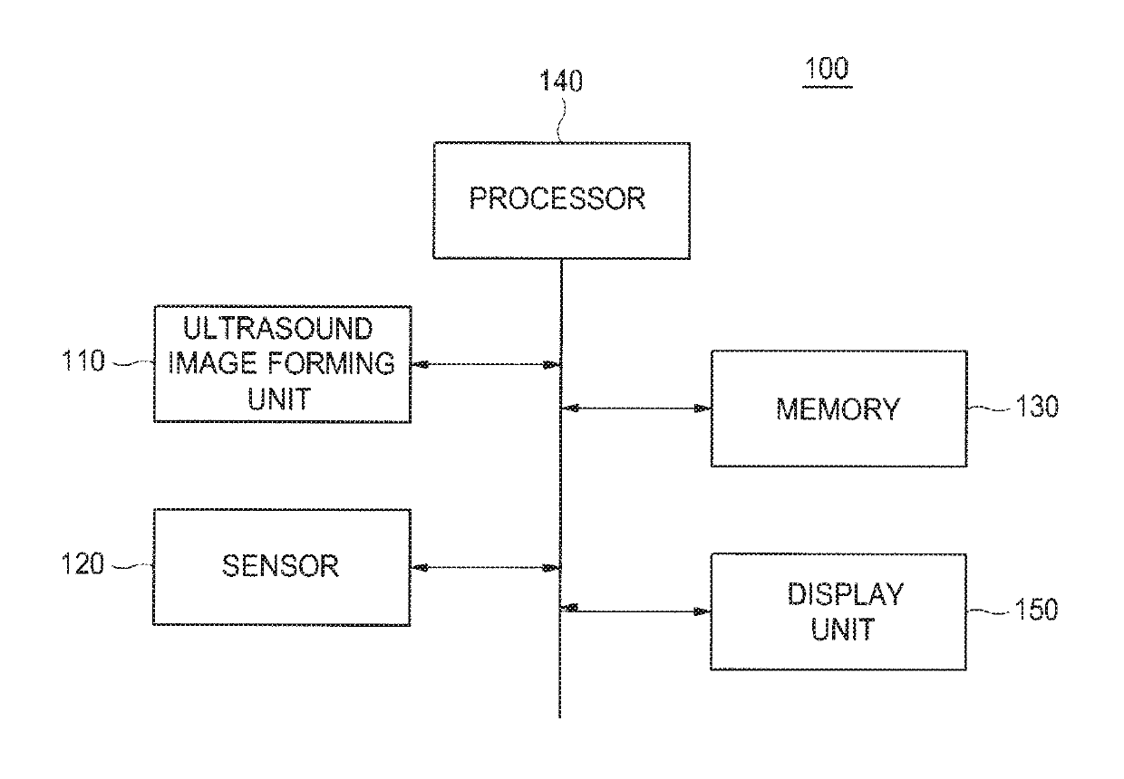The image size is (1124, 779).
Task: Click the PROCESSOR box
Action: [561, 200]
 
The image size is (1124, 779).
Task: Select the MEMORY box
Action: [839, 409]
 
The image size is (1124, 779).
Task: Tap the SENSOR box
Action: [282, 567]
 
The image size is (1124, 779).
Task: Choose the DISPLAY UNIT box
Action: [838, 611]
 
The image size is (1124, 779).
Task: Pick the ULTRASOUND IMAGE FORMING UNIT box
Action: [283, 364]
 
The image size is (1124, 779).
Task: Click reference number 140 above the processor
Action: [561, 81]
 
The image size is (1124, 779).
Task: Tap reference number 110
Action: [83, 361]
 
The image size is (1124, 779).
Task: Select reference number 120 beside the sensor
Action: [82, 563]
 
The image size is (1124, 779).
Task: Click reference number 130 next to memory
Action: [1037, 406]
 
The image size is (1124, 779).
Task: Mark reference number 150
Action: [1036, 610]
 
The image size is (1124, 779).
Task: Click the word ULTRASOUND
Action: [278, 329]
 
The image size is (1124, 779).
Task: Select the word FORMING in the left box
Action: [331, 363]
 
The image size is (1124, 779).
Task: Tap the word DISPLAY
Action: [846, 594]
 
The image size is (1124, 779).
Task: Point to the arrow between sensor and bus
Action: [485, 567]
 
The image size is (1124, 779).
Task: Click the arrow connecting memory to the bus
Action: [635, 409]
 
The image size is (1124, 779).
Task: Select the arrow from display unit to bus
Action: [635, 611]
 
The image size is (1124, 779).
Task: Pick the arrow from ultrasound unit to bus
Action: [486, 364]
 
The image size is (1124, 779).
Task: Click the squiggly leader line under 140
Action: [561, 120]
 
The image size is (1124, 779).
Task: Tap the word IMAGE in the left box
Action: [212, 363]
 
